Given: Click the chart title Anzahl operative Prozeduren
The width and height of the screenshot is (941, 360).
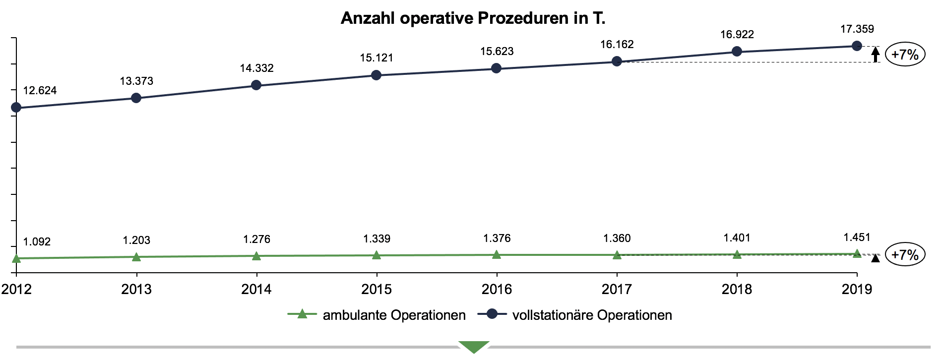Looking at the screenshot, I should coord(473,18).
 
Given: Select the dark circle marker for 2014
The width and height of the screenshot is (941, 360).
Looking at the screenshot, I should coord(256,85).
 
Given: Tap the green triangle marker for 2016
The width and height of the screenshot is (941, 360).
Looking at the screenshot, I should coord(497,255).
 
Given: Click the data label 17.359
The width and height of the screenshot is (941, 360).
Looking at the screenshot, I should coord(857,29).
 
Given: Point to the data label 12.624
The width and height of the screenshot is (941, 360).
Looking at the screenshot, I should coord(40,91).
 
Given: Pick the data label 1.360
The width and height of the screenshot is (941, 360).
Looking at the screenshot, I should coord(617,239).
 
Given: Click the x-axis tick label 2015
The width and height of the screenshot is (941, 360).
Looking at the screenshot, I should coord(376,289).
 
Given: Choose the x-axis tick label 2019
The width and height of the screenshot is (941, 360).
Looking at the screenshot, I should coord(857,289).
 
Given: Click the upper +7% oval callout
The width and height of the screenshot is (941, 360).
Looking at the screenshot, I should coord(905,55).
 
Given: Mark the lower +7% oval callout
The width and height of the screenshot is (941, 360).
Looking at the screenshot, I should coord(905,255).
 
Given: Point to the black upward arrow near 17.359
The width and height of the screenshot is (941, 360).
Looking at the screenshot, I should coord(876,54).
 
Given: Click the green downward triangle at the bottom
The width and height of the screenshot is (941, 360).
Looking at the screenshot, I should coord(474,347).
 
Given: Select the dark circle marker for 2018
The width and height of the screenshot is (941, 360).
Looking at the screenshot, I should coord(737,52).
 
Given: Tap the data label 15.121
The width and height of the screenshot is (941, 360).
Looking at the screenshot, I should coord(376,58).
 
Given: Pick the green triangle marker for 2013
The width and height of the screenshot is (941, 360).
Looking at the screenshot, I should coord(136,257).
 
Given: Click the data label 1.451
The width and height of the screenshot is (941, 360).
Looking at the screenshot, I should coord(857,238).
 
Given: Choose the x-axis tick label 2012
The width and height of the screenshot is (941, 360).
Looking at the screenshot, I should coord(16,289).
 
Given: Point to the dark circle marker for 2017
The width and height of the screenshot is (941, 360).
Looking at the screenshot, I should coord(617,61).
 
